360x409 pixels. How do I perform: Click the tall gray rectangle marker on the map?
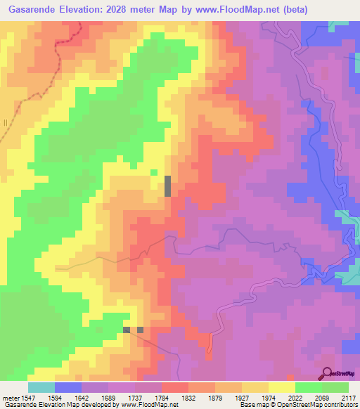167,186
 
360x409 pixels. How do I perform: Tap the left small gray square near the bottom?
127,329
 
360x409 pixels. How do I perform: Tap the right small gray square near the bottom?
141,329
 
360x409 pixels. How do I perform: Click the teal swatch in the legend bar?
41,387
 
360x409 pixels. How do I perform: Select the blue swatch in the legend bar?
68,387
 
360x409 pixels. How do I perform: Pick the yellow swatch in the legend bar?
281,387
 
